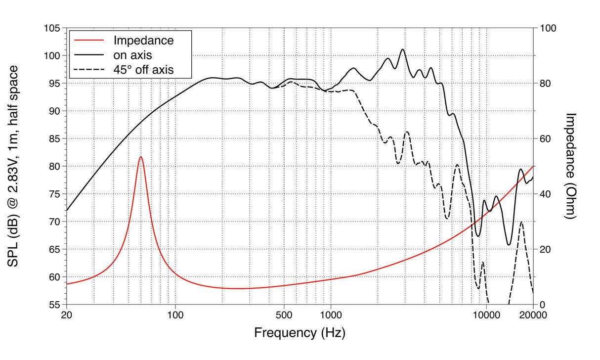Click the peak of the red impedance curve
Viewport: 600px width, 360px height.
click(141, 157)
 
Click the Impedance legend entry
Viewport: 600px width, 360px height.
click(143, 40)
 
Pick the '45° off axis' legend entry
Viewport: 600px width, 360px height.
click(143, 70)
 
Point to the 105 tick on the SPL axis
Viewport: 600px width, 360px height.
click(51, 28)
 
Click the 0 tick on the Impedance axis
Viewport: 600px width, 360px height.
click(542, 304)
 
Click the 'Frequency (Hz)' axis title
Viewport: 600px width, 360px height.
click(300, 332)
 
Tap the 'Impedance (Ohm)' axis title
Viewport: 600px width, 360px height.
click(571, 166)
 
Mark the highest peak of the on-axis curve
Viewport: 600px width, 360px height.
click(403, 49)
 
